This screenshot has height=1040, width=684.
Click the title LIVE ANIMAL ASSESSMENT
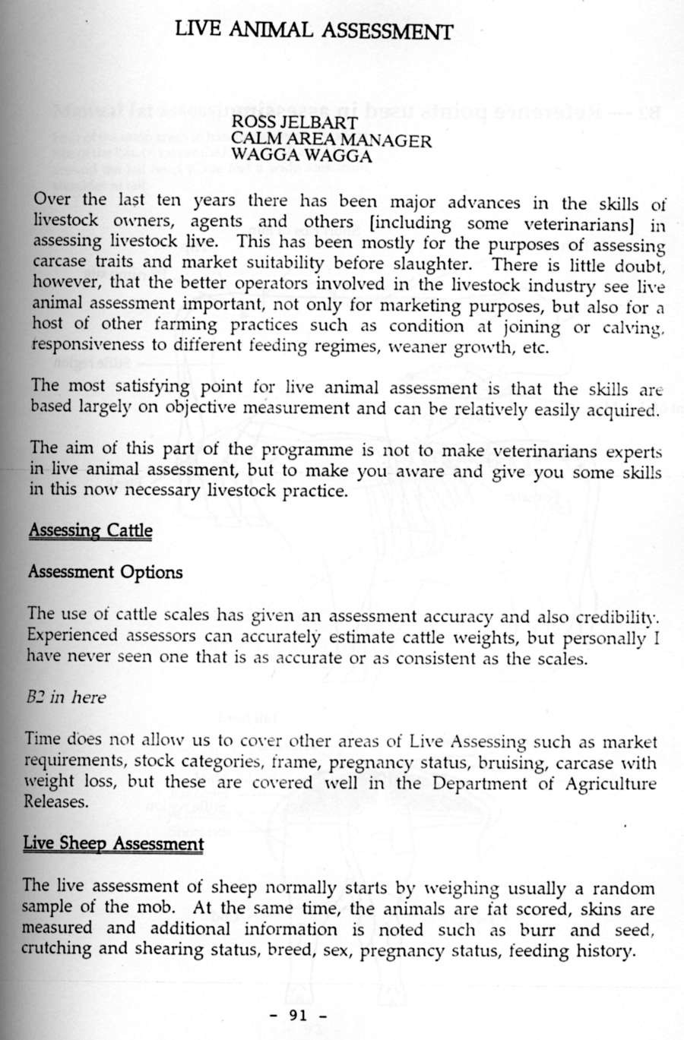point(313,30)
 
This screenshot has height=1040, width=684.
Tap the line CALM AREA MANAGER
point(331,140)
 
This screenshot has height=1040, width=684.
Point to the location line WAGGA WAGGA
point(302,156)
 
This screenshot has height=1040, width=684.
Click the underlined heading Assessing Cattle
point(90,530)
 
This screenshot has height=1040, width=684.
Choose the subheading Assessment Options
point(105,572)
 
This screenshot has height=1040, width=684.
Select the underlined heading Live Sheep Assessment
point(113,843)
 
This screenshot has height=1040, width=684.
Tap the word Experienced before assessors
point(72,635)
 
